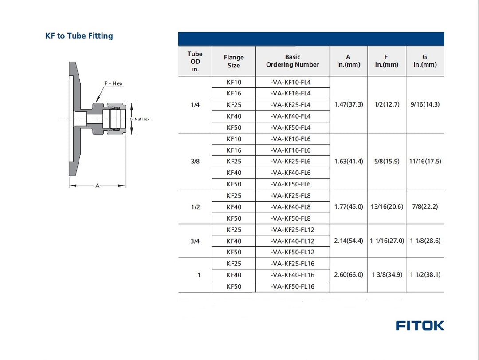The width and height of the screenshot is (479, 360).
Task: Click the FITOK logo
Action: (420, 325)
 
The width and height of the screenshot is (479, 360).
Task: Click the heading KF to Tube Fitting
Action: (79, 36)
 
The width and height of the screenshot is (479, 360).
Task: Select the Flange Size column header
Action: (234, 61)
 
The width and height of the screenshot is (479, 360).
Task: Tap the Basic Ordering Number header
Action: (292, 61)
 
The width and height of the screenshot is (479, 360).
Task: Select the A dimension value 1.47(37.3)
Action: (349, 105)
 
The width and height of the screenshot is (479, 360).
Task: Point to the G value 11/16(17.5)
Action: (425, 162)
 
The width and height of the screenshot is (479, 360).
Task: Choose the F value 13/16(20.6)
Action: (387, 207)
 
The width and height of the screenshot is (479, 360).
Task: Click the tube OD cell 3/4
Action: (195, 241)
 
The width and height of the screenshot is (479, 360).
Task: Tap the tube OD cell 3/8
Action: (195, 162)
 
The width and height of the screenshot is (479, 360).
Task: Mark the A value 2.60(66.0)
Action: (349, 275)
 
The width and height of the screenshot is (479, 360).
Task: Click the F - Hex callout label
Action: (113, 83)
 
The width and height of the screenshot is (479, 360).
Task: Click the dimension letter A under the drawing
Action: (98, 186)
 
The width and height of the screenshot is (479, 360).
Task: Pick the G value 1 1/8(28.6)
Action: (425, 241)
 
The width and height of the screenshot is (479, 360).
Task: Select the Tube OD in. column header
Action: (195, 62)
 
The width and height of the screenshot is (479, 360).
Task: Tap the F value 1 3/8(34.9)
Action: (387, 275)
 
